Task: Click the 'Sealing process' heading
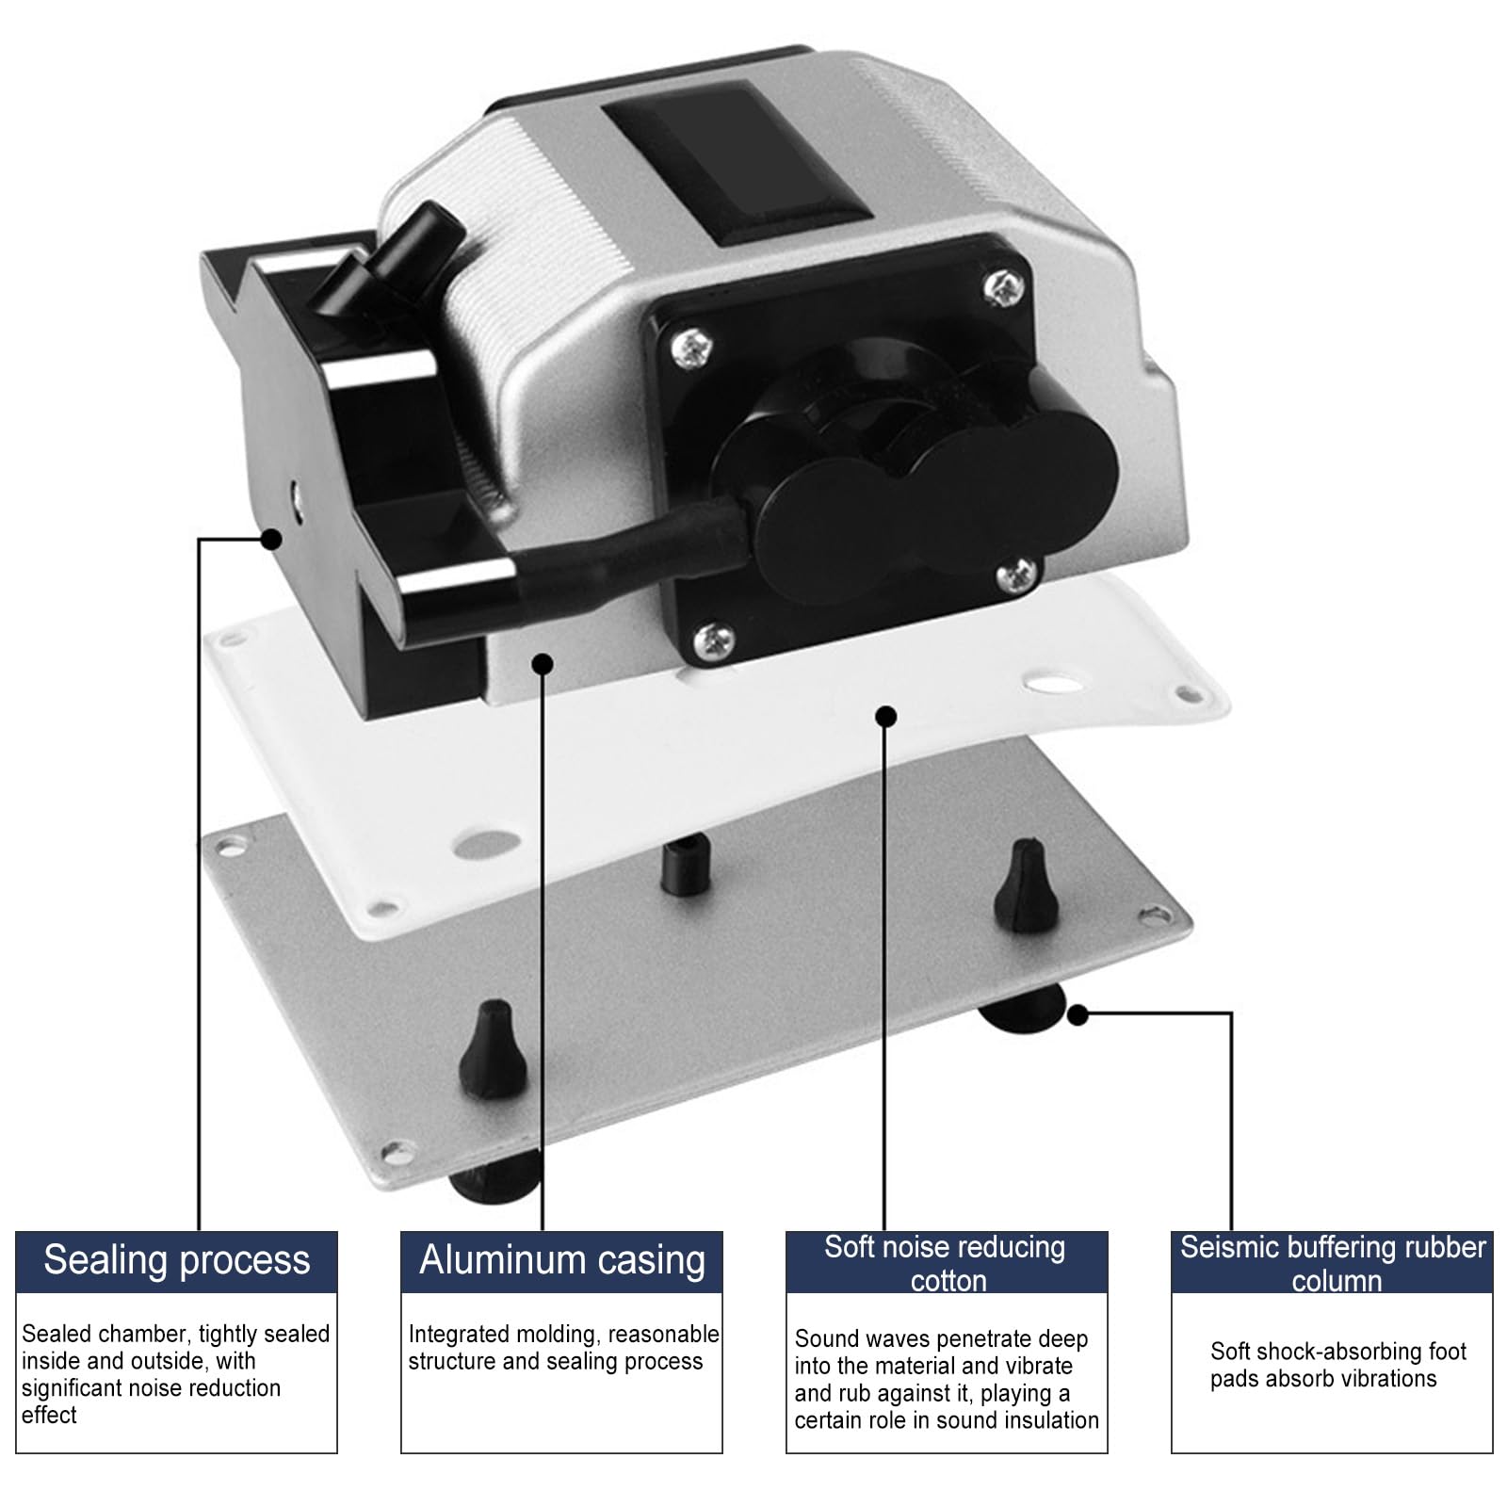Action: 177,1260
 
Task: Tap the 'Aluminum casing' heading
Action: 562,1260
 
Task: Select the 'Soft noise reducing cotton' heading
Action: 946,1263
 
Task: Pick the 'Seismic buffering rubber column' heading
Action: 1333,1263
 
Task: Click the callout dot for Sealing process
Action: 271,539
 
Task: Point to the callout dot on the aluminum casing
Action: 543,664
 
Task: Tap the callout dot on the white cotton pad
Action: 885,717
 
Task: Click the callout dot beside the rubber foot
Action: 1078,1014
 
